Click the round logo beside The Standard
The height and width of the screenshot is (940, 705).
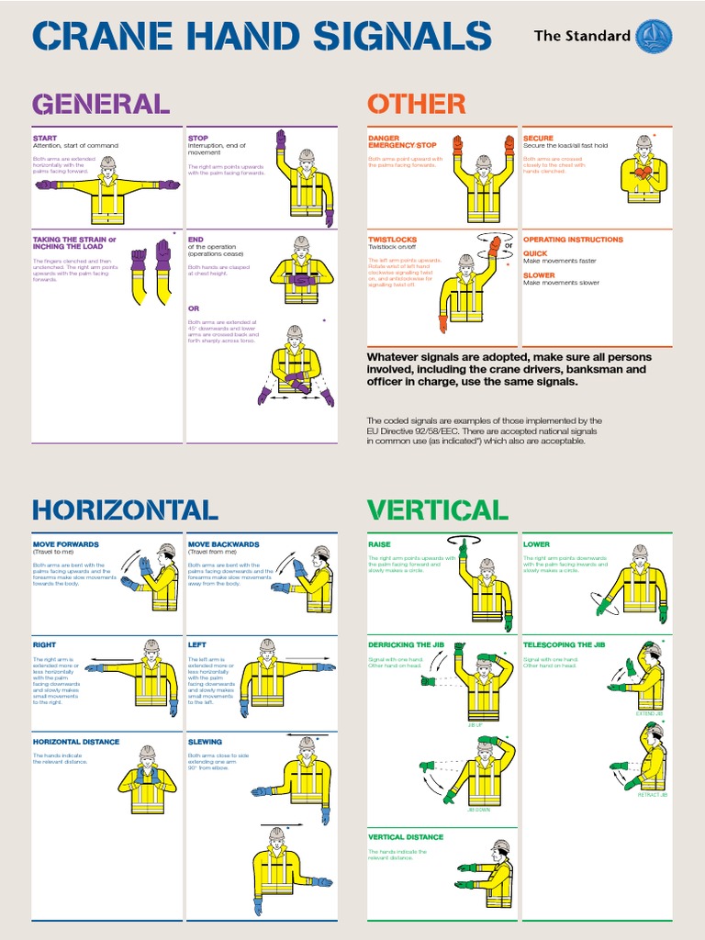[654, 37]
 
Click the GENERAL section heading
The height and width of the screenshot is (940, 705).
[101, 104]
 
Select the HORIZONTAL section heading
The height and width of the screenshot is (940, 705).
[125, 510]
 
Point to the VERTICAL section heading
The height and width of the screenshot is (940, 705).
[438, 510]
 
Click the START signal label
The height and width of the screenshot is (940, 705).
[45, 139]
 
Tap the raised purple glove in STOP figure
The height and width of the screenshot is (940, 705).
[281, 139]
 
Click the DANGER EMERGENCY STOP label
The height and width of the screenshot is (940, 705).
[402, 142]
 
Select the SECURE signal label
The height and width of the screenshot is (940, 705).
[538, 139]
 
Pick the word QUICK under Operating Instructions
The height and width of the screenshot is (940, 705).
[535, 254]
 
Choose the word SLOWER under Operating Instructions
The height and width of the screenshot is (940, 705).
[539, 275]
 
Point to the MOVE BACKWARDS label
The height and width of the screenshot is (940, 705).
[223, 544]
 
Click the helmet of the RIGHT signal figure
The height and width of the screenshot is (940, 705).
[151, 645]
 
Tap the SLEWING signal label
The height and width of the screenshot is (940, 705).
[205, 742]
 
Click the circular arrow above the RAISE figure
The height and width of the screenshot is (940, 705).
[464, 541]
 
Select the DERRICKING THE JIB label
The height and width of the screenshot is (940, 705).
[405, 645]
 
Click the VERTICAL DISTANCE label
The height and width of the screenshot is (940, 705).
[405, 837]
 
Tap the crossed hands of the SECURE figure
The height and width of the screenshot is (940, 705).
[643, 172]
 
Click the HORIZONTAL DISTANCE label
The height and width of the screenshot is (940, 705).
[70, 742]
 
